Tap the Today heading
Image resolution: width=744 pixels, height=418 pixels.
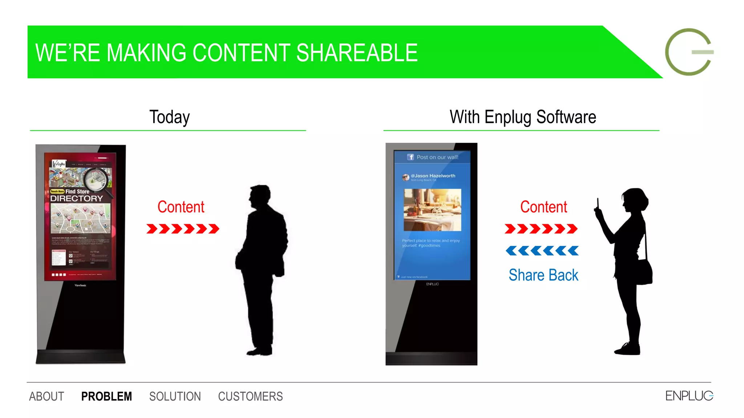(x=169, y=117)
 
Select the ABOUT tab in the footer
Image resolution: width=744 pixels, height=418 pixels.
(x=46, y=396)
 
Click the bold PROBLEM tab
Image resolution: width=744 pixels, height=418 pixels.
(x=106, y=396)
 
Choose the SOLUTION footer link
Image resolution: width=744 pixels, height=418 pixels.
(x=175, y=396)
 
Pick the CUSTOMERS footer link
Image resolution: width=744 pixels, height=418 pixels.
(x=250, y=396)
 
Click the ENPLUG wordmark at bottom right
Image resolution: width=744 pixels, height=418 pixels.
(x=689, y=396)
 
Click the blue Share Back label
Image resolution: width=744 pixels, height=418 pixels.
(x=543, y=275)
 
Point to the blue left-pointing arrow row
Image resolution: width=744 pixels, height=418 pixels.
(x=542, y=251)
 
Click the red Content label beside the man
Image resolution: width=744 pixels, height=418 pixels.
(x=181, y=207)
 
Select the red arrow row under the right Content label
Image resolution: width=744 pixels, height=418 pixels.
(x=541, y=229)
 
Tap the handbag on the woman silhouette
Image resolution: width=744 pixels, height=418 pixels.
(x=644, y=272)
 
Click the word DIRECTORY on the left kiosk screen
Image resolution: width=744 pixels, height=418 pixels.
(x=77, y=198)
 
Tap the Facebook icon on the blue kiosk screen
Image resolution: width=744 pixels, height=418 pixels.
(x=411, y=157)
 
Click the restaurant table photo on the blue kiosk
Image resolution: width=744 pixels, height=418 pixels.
(x=432, y=210)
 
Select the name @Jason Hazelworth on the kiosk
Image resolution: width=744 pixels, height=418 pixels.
(x=433, y=176)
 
